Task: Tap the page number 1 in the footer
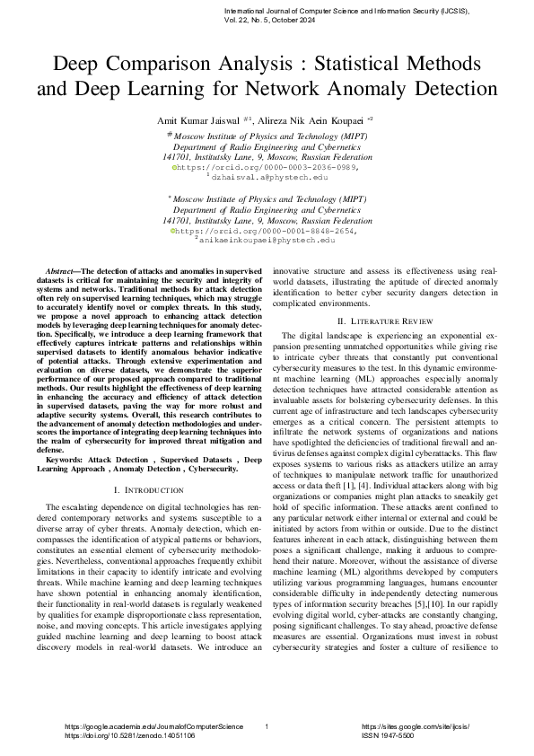click(267, 725)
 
